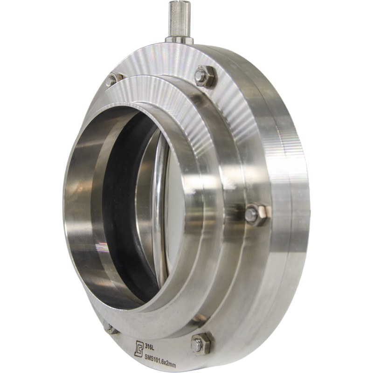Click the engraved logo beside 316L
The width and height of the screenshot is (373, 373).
click(x=138, y=349)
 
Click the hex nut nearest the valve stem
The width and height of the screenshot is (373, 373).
click(x=205, y=76)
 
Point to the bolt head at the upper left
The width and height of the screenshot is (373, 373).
click(x=111, y=80)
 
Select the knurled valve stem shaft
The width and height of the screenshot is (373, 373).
click(x=179, y=20)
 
